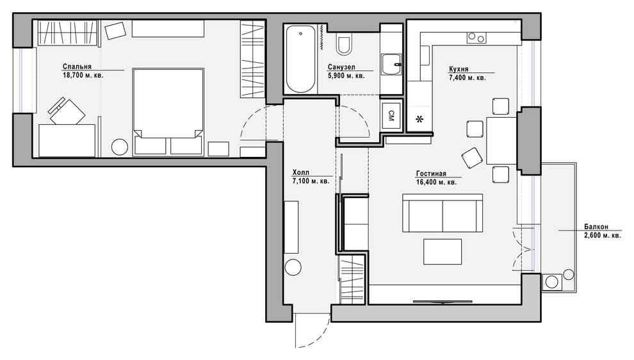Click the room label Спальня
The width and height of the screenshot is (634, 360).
click(x=77, y=67)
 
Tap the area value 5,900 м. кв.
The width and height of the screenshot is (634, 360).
click(x=346, y=76)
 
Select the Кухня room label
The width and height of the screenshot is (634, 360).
click(x=459, y=69)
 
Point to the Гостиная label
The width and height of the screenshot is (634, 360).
click(x=431, y=174)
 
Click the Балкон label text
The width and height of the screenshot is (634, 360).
click(x=596, y=227)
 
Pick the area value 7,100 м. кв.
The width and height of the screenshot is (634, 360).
click(x=311, y=181)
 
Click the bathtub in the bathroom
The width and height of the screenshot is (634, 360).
click(x=300, y=59)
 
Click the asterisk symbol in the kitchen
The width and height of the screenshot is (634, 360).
click(x=419, y=119)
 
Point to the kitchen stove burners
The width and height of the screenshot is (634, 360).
click(x=476, y=38)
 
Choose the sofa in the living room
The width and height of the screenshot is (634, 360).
click(x=443, y=213)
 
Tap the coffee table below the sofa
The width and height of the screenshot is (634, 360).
click(x=443, y=251)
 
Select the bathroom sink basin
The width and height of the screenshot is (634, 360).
click(x=391, y=64)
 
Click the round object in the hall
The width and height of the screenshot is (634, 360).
click(x=293, y=268)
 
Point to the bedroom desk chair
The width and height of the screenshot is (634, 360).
click(x=67, y=111)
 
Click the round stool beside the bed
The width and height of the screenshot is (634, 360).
click(x=119, y=147)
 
